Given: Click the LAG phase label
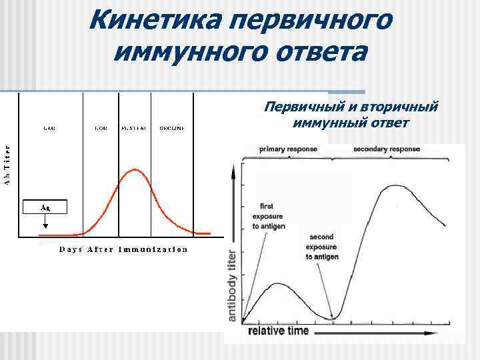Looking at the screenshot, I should (50, 127).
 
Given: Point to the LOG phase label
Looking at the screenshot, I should (101, 127).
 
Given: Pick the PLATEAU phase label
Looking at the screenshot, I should (135, 127).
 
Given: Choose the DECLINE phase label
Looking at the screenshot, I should (171, 127).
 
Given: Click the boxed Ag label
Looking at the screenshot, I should (45, 207).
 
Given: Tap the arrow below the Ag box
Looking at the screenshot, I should (45, 224).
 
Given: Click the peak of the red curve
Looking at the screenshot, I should (135, 170).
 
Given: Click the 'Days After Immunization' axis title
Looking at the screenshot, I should (123, 250).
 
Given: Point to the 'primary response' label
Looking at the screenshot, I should (288, 149).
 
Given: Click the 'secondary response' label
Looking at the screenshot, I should (387, 149).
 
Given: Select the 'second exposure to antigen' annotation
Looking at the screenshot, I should (323, 247).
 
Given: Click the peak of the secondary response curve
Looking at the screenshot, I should (396, 186).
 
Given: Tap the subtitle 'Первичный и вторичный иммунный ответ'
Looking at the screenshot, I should (351, 115).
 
